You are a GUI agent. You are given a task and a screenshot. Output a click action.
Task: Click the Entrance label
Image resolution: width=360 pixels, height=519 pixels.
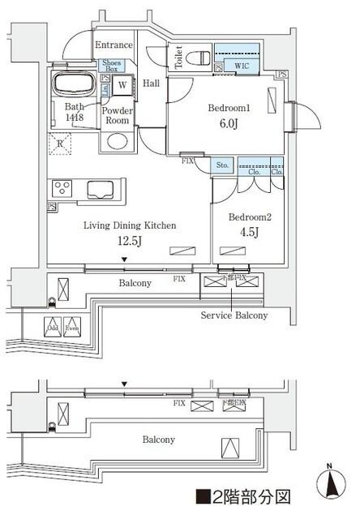[x=114, y=45]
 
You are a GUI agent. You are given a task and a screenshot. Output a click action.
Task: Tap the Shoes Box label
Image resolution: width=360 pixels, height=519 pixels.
[x=111, y=66]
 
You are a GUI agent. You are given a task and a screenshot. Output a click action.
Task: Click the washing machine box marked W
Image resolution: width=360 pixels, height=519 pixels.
[x=122, y=84]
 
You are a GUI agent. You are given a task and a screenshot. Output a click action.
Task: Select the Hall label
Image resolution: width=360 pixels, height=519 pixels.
[x=151, y=83]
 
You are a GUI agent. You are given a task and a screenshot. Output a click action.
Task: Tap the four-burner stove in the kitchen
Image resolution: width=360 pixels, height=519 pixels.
[x=62, y=189]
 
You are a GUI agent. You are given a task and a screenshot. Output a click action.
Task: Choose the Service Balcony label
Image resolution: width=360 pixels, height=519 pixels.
[x=234, y=315]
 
